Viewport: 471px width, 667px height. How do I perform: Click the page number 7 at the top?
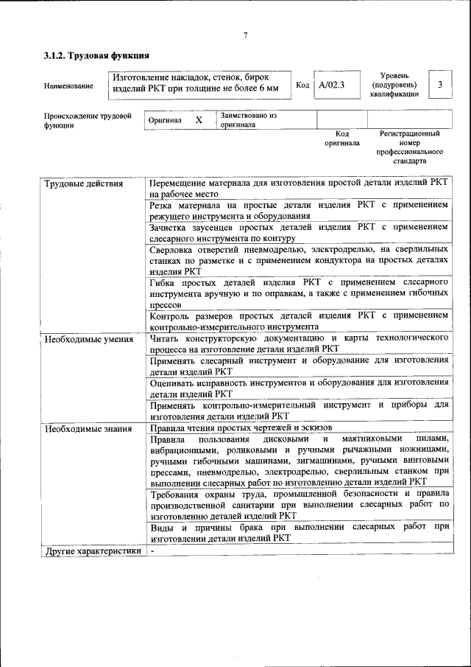point(245,35)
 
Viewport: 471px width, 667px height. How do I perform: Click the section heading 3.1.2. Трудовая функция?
point(97,55)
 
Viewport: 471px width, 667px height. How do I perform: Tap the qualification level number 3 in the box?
point(439,85)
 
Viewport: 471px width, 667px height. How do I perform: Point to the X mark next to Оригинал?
point(198,119)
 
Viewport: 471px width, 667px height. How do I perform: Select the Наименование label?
point(68,86)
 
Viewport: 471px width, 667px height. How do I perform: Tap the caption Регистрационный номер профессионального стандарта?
point(409,147)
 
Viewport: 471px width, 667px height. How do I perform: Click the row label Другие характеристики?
point(92,551)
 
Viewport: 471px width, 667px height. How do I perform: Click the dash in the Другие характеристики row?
point(152,551)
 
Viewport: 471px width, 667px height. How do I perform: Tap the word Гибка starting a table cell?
point(164,283)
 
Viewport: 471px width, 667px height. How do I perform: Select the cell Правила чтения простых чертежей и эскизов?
point(241,428)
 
